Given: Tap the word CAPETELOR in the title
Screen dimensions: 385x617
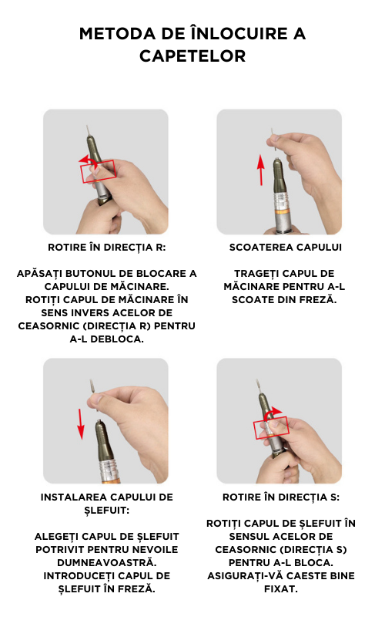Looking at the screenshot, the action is pos(192,56).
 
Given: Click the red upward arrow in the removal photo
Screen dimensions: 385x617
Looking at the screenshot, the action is pos(260,170).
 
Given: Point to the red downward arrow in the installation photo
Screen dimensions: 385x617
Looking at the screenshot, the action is pos(81,423).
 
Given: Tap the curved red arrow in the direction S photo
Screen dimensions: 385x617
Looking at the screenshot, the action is pos(273,412).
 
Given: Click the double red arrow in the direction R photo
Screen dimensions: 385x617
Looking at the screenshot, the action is pos(89,160).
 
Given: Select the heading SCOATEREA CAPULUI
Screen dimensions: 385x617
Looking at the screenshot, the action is pos(286,247).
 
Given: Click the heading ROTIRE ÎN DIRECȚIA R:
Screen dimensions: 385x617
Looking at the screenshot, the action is pos(107,247).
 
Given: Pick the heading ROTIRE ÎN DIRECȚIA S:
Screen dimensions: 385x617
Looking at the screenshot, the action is pos(281,497).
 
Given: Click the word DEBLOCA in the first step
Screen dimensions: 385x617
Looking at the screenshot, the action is pos(117,339).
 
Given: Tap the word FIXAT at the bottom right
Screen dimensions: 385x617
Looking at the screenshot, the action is pos(281,588).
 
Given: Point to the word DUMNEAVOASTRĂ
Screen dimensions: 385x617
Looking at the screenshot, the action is pos(107,562).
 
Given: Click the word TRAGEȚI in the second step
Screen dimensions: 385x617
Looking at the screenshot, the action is pos(259,274).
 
